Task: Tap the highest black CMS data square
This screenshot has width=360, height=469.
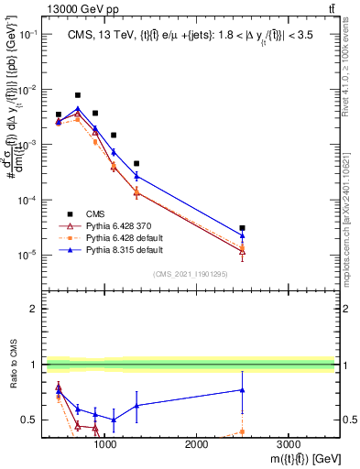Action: (78, 95)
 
